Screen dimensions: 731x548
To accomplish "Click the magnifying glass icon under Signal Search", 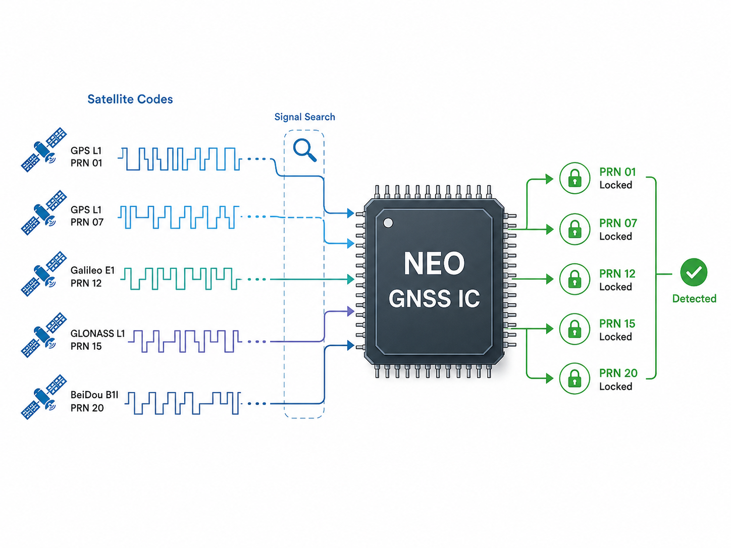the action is pyautogui.click(x=304, y=150).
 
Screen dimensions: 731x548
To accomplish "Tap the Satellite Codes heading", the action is pyautogui.click(x=130, y=99).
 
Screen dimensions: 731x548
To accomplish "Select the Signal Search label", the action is pyautogui.click(x=305, y=117).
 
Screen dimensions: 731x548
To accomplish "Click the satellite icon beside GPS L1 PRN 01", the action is pyautogui.click(x=44, y=149).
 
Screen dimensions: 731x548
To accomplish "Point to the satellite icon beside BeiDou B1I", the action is pyautogui.click(x=44, y=397).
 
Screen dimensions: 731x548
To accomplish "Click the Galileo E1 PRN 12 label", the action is pyautogui.click(x=92, y=277).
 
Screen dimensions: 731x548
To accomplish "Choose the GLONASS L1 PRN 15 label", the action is pyautogui.click(x=97, y=340).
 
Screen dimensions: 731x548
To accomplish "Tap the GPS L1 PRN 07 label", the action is pyautogui.click(x=87, y=216).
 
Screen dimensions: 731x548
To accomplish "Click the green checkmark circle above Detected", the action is pyautogui.click(x=694, y=272).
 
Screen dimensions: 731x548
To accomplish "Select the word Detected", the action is pyautogui.click(x=694, y=298).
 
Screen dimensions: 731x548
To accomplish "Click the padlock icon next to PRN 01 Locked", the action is pyautogui.click(x=575, y=178).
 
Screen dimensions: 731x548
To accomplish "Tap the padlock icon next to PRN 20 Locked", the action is pyautogui.click(x=575, y=378).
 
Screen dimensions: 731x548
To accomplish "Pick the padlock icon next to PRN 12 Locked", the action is pyautogui.click(x=575, y=279).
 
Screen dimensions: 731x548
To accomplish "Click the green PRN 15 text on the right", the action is pyautogui.click(x=617, y=323).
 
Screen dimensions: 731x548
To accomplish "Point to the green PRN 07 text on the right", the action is pyautogui.click(x=618, y=223).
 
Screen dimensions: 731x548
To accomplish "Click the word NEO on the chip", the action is pyautogui.click(x=434, y=263).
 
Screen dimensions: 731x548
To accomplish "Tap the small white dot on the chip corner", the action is pyautogui.click(x=388, y=223).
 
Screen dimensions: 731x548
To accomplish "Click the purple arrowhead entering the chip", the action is pyautogui.click(x=350, y=311).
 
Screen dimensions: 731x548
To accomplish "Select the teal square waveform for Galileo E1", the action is pyautogui.click(x=180, y=278).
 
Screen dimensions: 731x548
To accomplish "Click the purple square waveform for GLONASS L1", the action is pyautogui.click(x=184, y=341).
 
